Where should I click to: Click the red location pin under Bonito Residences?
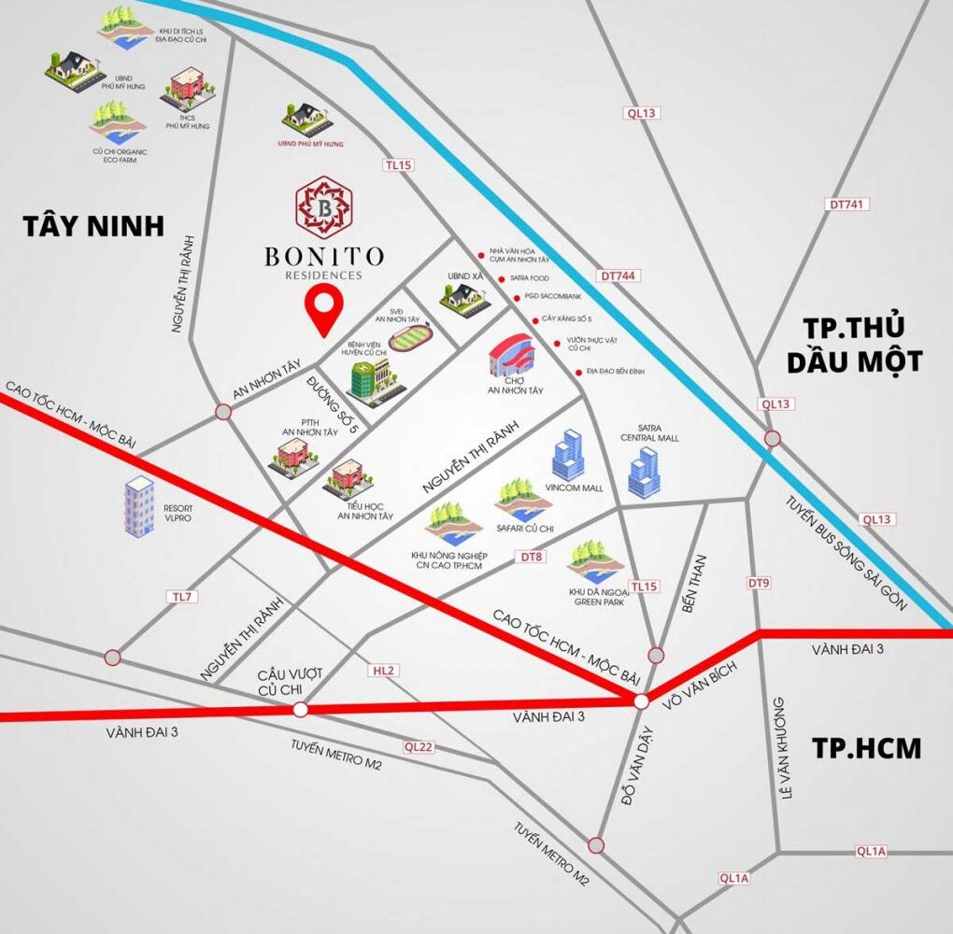coord(324,309)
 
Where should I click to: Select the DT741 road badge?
coord(846,204)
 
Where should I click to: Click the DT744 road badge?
coord(619,276)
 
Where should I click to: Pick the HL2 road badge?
coord(384,671)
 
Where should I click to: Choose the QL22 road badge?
coord(419,746)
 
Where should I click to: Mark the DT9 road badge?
coord(759,583)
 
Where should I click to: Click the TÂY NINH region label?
coord(93,226)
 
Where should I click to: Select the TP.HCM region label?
coord(866,748)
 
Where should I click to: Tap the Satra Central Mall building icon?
coord(644,472)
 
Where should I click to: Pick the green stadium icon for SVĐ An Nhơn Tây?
coord(412,337)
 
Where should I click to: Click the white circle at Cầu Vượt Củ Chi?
coord(300,710)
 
